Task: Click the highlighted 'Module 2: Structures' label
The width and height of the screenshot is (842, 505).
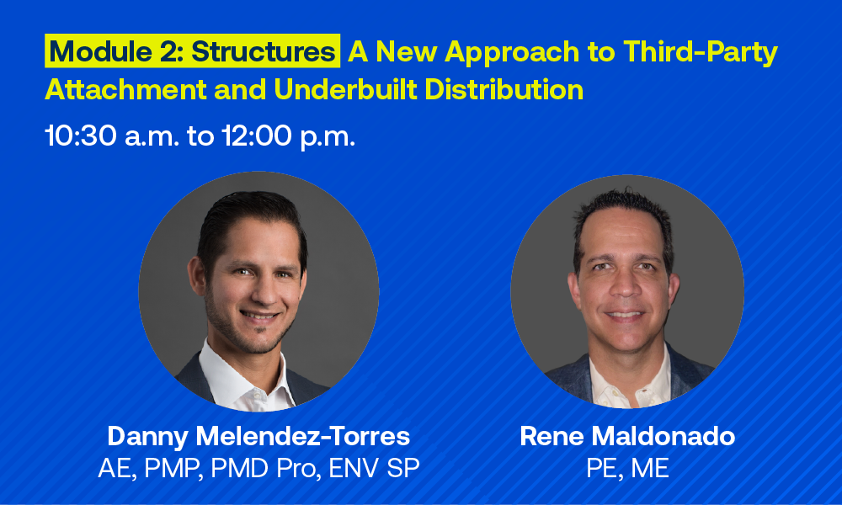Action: point(192,51)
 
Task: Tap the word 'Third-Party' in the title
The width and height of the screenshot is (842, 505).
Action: point(701,52)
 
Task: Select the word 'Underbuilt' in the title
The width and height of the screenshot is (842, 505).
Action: point(345,89)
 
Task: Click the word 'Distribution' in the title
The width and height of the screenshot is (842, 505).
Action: point(504,89)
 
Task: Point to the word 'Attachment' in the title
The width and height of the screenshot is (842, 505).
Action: point(125,89)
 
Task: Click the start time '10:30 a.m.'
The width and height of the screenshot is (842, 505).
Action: point(112,136)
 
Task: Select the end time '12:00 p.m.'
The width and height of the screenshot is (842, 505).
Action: point(288,136)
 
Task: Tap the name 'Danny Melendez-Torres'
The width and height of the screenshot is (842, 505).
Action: point(258,436)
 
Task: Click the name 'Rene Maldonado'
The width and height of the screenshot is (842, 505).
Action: point(627,436)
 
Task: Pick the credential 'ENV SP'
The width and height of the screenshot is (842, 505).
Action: point(374,468)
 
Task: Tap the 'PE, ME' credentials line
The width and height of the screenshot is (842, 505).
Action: point(627,469)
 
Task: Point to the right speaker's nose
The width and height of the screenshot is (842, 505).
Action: point(625,284)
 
